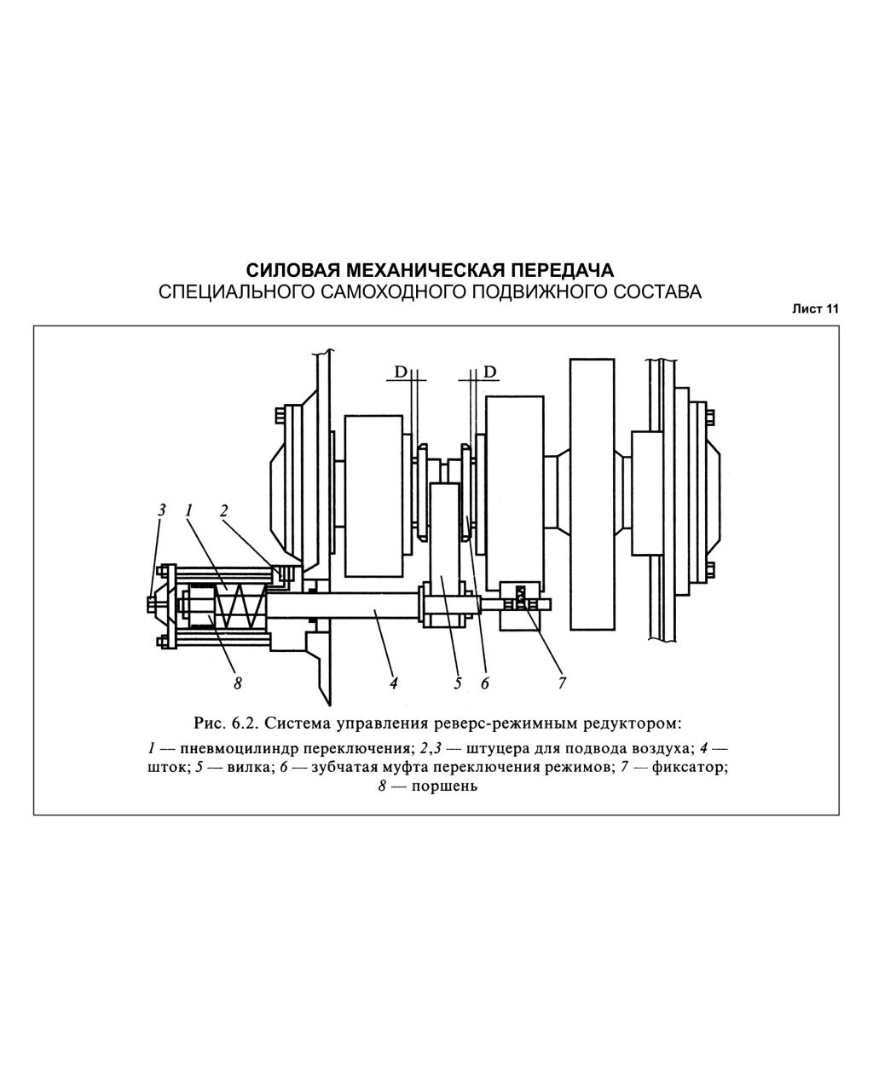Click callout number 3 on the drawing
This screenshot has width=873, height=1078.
tap(161, 510)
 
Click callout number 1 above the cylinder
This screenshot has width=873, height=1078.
tap(189, 510)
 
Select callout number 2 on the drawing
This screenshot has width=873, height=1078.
tap(224, 510)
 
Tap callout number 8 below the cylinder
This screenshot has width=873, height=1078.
tap(238, 683)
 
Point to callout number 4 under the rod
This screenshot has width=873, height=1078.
tap(394, 683)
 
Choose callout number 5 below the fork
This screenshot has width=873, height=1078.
tap(458, 683)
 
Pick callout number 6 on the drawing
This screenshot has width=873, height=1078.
tap(485, 683)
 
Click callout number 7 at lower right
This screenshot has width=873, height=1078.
tap(562, 683)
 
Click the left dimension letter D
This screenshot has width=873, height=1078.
tap(401, 372)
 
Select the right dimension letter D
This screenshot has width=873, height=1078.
tap(490, 372)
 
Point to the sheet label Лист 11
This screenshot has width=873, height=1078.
tap(815, 308)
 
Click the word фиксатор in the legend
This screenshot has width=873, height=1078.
tap(689, 767)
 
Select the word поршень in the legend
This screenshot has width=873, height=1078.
tap(445, 787)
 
